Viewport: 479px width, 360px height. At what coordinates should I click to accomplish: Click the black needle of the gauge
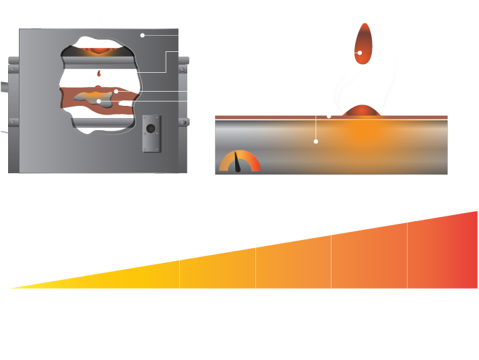click(x=237, y=162)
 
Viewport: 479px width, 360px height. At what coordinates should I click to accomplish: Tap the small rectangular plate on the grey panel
click(x=151, y=133)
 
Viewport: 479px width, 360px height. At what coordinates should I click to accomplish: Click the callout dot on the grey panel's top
click(x=142, y=35)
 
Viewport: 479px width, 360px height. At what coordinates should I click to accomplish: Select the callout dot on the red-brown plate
click(x=116, y=91)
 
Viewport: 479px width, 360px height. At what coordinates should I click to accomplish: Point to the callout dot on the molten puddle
click(x=99, y=101)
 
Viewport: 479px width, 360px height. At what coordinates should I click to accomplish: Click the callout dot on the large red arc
click(x=360, y=52)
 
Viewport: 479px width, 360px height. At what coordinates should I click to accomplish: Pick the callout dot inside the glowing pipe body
click(x=315, y=142)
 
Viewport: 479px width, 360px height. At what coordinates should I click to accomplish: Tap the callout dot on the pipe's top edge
click(x=329, y=116)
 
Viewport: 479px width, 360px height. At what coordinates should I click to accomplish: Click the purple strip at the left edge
click(x=3, y=152)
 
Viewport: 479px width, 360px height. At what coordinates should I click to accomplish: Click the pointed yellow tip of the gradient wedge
click(x=17, y=287)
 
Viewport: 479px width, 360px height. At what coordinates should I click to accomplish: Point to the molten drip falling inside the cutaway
click(x=102, y=74)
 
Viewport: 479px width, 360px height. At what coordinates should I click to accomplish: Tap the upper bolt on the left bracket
click(x=13, y=69)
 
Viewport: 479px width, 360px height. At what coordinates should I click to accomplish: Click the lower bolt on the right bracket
click(x=184, y=122)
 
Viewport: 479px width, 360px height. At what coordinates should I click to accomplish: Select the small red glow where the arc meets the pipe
click(x=364, y=111)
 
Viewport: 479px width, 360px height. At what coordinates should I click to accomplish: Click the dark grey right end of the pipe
click(x=463, y=145)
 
